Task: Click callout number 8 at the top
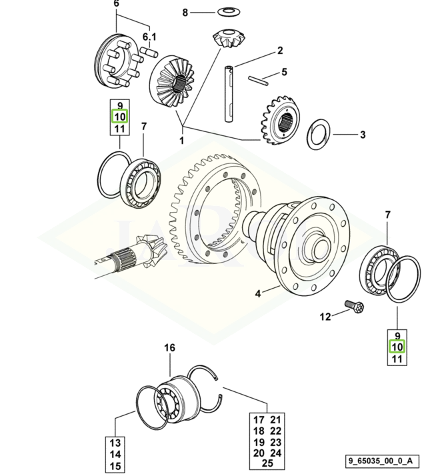click(186, 12)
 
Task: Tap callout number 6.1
click(148, 36)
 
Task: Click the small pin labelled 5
click(255, 80)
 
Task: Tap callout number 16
click(169, 348)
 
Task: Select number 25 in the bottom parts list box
click(267, 463)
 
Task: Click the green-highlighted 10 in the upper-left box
click(119, 117)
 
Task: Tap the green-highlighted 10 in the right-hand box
click(397, 347)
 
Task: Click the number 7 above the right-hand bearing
click(387, 213)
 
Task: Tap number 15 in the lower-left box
click(115, 466)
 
